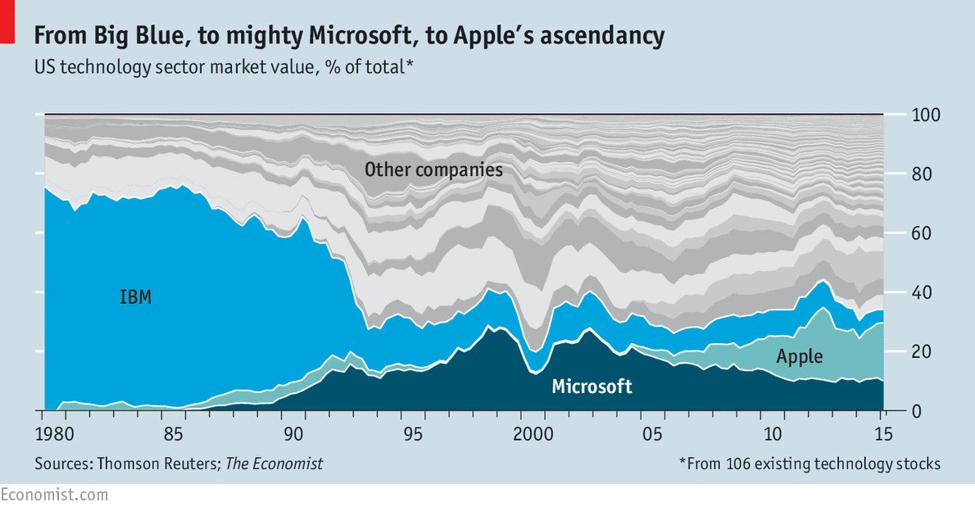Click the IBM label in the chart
(x=136, y=297)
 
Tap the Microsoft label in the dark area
(x=592, y=387)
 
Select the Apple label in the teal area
(x=799, y=356)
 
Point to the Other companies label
(x=433, y=170)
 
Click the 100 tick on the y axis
(x=923, y=115)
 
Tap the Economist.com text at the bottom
(x=54, y=495)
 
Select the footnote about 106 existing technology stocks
(x=809, y=464)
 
